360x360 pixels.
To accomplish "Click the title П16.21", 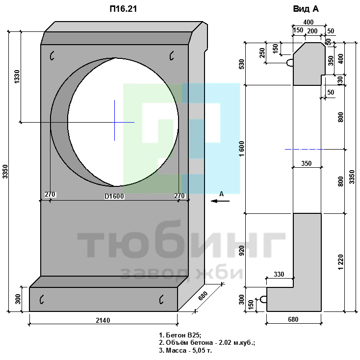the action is tap(123, 9).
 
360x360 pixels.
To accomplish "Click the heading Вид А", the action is tap(306, 9).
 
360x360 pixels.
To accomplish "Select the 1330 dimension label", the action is tap(17, 77).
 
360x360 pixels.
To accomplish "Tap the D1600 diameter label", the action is tap(114, 196).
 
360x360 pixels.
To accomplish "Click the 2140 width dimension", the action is tap(103, 320).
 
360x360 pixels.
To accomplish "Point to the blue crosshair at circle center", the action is tap(115, 122).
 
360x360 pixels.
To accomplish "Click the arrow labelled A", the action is tap(220, 201).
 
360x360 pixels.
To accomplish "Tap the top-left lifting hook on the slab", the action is tap(52, 55).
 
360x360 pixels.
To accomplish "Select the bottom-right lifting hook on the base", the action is tap(161, 299).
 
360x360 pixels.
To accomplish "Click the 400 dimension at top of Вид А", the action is tap(308, 22).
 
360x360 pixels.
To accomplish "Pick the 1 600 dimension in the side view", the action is tap(242, 149).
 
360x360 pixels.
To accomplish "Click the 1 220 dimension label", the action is tap(341, 262).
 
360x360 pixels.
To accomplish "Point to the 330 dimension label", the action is tap(279, 274).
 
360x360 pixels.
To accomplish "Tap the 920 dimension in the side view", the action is tap(242, 251).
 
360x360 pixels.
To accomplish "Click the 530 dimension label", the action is tap(242, 64).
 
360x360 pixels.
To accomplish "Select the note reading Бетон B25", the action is tap(180, 335).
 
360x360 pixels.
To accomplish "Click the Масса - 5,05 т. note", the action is tap(185, 350).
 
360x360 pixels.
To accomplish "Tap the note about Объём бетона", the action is tap(207, 342).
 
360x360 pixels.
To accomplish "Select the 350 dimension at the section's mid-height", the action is tap(306, 163).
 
